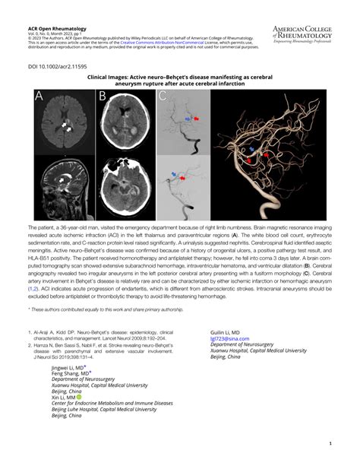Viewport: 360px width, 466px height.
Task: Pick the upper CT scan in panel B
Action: pos(125,122)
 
